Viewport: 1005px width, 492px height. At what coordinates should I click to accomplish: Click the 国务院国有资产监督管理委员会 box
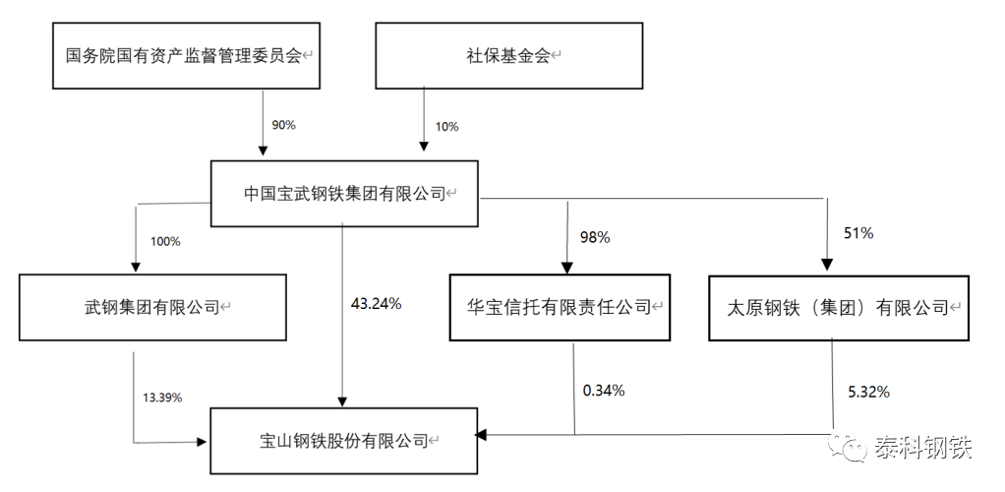pos(185,55)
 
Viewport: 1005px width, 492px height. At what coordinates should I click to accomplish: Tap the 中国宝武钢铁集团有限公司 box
pos(344,194)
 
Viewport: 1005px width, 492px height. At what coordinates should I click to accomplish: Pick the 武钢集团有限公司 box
pos(152,308)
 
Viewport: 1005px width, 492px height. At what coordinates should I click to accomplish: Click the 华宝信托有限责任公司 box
pos(559,308)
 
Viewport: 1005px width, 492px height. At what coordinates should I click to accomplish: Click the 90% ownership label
pos(285,125)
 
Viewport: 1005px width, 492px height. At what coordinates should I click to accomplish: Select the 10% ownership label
pos(445,125)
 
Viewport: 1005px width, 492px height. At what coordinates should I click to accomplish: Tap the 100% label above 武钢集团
pos(165,241)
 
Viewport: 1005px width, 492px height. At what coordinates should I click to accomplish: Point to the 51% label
pos(859,234)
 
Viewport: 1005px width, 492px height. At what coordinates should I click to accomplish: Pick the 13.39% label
pos(163,397)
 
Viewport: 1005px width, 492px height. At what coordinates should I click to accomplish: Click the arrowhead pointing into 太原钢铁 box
pos(826,265)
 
